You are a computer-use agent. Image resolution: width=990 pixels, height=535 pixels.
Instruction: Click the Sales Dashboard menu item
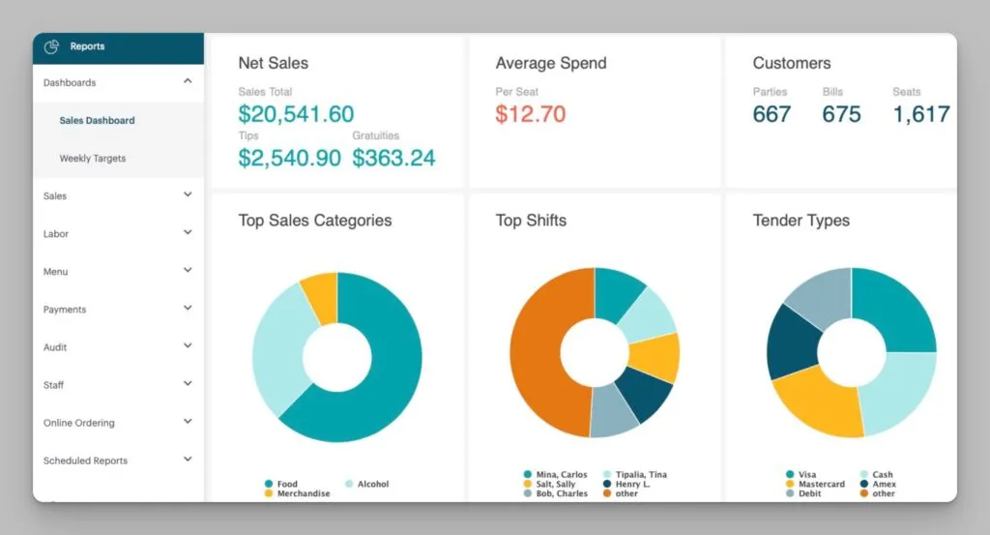coord(97,121)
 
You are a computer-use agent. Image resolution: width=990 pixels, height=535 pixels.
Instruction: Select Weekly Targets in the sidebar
coord(93,159)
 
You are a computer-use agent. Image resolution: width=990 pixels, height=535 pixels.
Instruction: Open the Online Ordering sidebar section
coord(79,423)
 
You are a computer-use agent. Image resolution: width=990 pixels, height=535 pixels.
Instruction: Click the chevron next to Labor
coord(188,232)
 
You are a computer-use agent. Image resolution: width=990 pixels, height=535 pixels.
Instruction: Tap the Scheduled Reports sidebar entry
coord(85,461)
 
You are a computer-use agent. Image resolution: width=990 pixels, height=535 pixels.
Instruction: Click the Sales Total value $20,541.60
coord(296,114)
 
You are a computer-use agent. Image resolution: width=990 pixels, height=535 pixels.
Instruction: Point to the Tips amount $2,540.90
coord(289,158)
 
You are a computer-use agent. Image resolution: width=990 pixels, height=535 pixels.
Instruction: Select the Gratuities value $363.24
coord(393,158)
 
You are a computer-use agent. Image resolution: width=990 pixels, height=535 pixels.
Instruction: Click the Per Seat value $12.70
coord(531,114)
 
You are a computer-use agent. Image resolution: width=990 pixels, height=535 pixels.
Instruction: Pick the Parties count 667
coord(772,114)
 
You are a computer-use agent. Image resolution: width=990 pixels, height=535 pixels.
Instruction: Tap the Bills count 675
coord(841,114)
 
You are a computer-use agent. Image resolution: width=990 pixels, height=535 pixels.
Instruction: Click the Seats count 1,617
coord(920,114)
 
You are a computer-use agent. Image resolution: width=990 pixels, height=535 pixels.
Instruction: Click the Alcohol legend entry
coord(372,484)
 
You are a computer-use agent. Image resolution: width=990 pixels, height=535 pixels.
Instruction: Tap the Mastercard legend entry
coord(821,484)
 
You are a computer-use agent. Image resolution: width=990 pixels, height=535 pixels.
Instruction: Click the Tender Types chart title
coord(801,221)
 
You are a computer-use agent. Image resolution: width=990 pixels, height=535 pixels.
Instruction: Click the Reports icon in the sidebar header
coord(53,46)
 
